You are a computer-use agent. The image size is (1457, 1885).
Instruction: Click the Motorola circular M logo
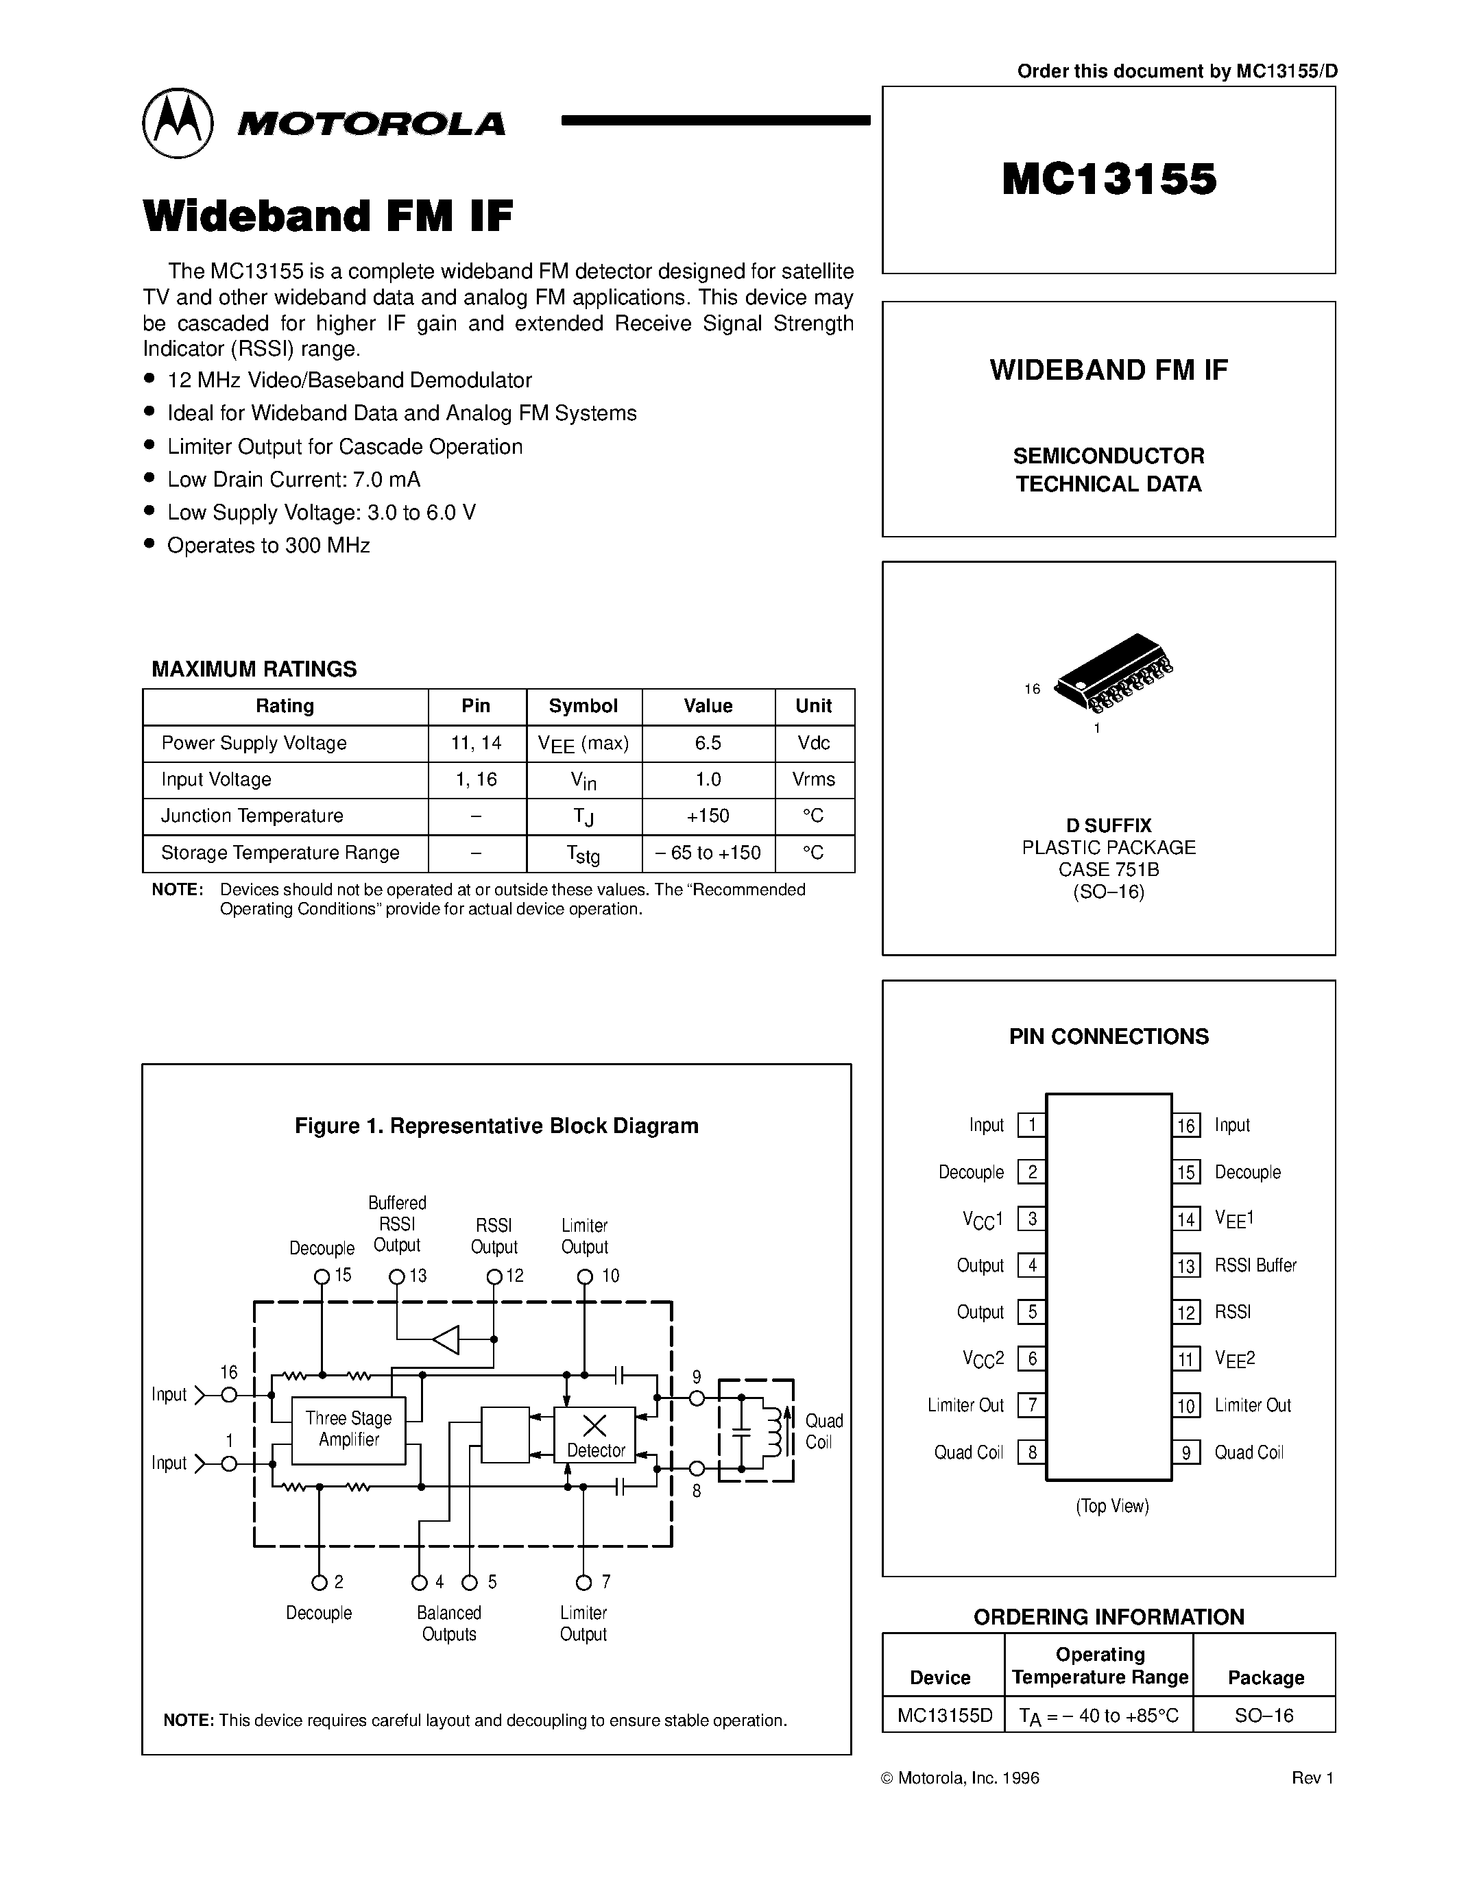[x=177, y=123]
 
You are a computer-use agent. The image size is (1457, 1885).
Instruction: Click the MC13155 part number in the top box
[x=1109, y=180]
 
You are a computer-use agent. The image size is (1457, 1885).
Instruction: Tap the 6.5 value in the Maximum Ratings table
[x=708, y=743]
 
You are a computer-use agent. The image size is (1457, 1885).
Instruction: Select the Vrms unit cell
[x=814, y=779]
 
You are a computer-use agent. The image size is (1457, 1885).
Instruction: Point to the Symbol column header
[x=583, y=706]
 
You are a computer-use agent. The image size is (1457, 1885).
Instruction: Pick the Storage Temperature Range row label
[x=280, y=853]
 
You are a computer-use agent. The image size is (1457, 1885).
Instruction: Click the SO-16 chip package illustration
[x=1114, y=673]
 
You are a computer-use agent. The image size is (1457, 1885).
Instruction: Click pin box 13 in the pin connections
[x=1187, y=1266]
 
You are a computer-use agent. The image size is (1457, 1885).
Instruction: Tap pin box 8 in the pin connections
[x=1031, y=1452]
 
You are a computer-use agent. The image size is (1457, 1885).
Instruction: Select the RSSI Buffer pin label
[x=1255, y=1265]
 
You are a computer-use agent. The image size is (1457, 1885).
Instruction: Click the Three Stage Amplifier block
[x=349, y=1429]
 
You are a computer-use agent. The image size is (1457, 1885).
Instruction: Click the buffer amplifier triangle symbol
[x=446, y=1339]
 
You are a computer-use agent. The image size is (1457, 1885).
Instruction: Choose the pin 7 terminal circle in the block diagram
[x=583, y=1582]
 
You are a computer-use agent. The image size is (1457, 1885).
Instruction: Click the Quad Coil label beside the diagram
[x=823, y=1431]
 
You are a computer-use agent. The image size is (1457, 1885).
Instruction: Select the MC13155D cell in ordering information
[x=944, y=1715]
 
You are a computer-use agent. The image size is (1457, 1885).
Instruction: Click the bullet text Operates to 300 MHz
[x=269, y=546]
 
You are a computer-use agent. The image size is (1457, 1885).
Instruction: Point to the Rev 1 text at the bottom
[x=1312, y=1777]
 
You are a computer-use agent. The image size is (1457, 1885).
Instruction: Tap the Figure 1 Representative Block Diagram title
[x=496, y=1126]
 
